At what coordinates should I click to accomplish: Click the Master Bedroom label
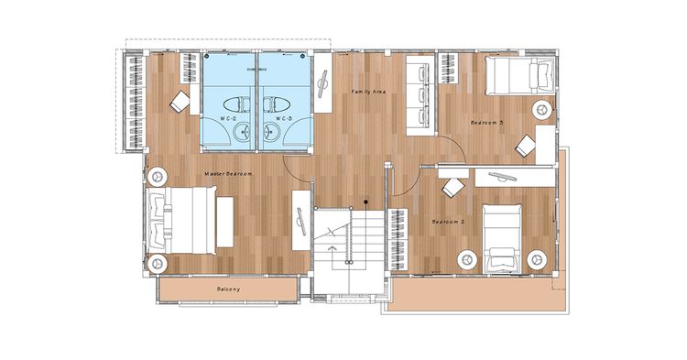click(x=228, y=174)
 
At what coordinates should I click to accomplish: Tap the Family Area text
click(x=368, y=92)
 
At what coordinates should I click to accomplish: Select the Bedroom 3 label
click(x=486, y=123)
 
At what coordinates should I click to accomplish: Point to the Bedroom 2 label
click(x=448, y=222)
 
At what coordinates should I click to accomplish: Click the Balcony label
click(x=228, y=289)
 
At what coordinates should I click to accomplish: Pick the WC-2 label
click(x=226, y=119)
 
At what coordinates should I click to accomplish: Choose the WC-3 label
click(x=283, y=119)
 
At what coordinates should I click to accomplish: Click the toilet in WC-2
click(x=236, y=104)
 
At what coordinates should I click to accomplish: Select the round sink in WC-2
click(x=242, y=131)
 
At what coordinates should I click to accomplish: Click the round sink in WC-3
click(x=272, y=131)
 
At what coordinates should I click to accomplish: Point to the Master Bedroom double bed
click(x=181, y=220)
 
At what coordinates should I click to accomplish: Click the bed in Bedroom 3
click(x=520, y=76)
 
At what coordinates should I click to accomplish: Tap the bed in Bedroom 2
click(x=502, y=239)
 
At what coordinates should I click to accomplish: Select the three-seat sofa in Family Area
click(x=420, y=95)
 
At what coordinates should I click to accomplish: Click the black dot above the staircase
click(x=365, y=202)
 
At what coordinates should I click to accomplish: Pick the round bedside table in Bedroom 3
click(x=542, y=110)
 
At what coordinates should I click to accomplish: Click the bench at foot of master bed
click(x=224, y=222)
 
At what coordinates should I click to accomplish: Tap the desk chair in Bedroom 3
click(x=526, y=145)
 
